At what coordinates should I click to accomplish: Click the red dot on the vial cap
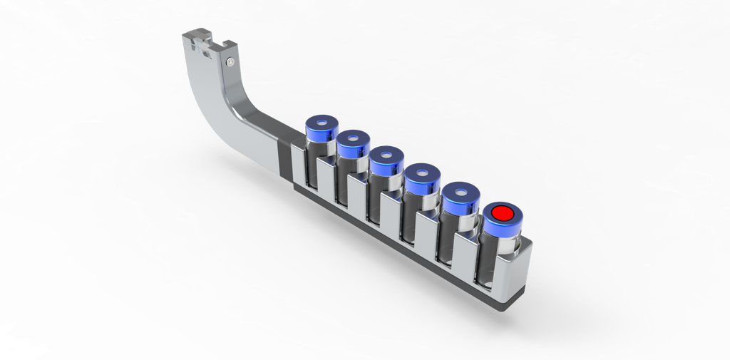(503, 212)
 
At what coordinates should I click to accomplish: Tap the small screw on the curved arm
(229, 62)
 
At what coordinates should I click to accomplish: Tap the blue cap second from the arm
(351, 144)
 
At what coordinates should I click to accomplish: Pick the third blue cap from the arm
(386, 161)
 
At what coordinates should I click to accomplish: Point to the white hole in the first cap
(322, 122)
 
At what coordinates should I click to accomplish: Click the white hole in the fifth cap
(463, 192)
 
